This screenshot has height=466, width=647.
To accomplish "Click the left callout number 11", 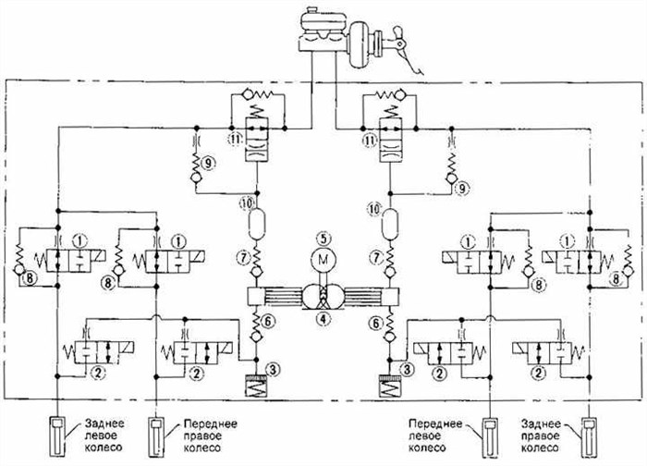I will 236,140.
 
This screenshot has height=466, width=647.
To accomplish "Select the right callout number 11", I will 370,140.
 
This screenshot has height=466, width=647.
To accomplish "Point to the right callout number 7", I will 375,253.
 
